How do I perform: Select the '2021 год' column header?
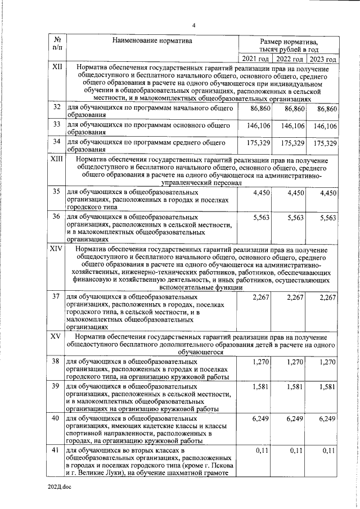tap(256, 58)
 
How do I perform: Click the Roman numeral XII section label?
tap(57, 67)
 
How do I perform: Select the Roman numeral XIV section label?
tap(57, 248)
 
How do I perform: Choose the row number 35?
tap(57, 192)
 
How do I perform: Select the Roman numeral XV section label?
tap(56, 336)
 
